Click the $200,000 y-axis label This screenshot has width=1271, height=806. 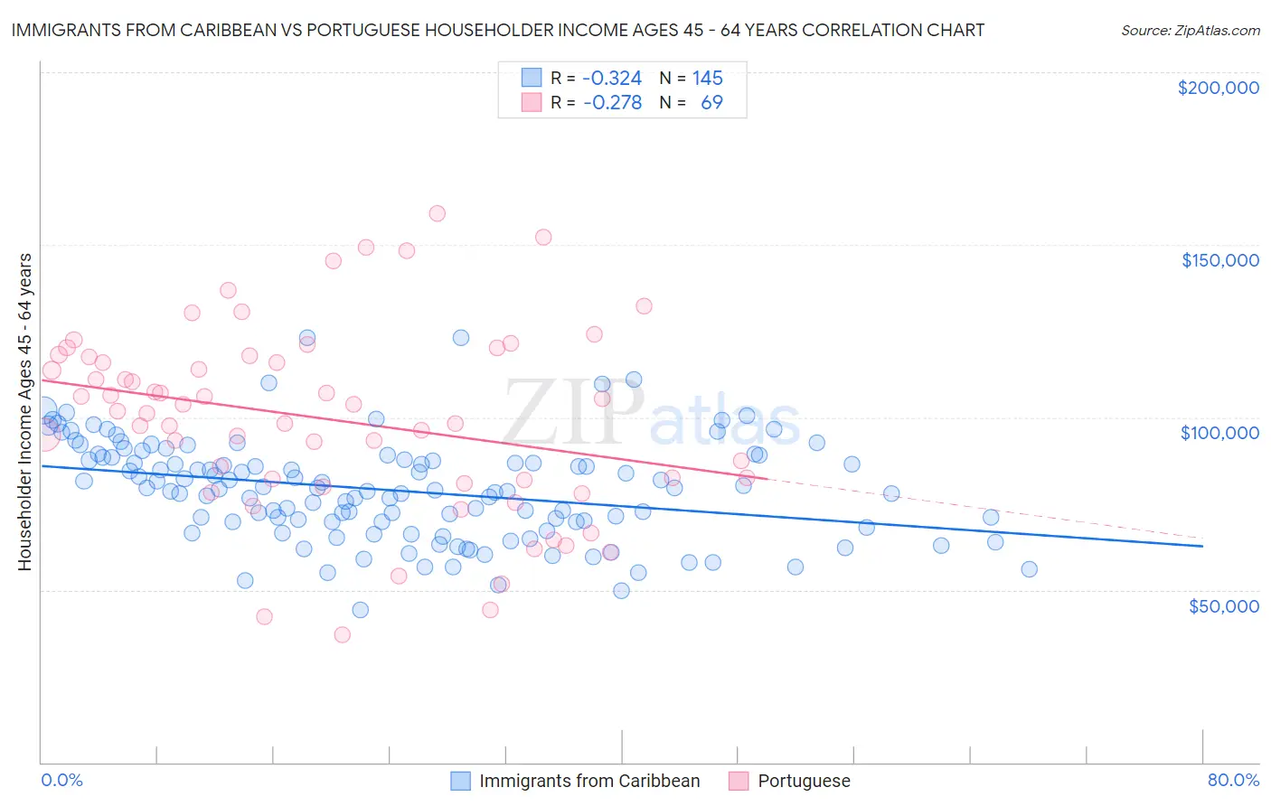point(1218,88)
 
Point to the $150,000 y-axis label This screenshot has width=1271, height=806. point(1219,260)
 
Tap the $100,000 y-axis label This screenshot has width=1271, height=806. point(1219,433)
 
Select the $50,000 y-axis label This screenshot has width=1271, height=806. point(1223,605)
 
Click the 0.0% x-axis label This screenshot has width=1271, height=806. point(61,780)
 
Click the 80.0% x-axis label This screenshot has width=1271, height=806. point(1233,780)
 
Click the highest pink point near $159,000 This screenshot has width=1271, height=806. point(437,213)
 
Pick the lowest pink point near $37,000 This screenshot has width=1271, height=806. point(342,634)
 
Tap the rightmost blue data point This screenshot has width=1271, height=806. point(1029,568)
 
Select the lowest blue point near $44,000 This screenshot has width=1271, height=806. point(360,610)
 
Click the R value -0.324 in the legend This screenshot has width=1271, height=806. point(612,78)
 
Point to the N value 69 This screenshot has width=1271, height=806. point(711,102)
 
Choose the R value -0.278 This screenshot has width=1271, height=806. point(612,102)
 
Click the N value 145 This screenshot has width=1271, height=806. point(707,78)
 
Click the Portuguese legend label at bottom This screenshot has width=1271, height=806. point(804,781)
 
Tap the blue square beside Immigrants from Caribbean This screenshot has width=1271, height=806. point(460,781)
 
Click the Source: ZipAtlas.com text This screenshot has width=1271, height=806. point(1190,30)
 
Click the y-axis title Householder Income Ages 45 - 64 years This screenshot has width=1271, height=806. point(24,412)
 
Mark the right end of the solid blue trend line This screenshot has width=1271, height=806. point(1202,546)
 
